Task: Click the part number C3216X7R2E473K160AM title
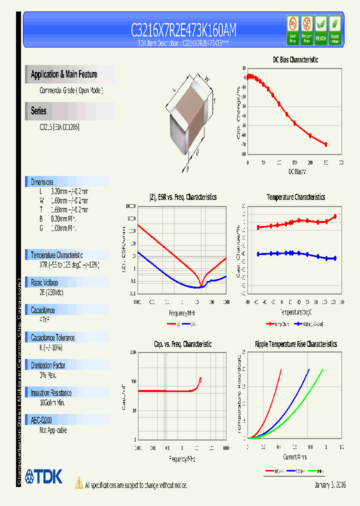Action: pyautogui.click(x=183, y=30)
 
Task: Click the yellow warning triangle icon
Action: pyautogui.click(x=78, y=483)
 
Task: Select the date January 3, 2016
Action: pyautogui.click(x=330, y=485)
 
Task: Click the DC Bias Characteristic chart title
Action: pyautogui.click(x=295, y=60)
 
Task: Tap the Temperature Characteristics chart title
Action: pyautogui.click(x=295, y=197)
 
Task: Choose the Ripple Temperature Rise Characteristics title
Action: pyautogui.click(x=296, y=344)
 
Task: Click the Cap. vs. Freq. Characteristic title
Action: pyautogui.click(x=182, y=344)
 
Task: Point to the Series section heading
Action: pyautogui.click(x=38, y=111)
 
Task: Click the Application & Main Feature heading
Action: pyautogui.click(x=64, y=74)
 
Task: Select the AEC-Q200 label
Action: pyautogui.click(x=42, y=420)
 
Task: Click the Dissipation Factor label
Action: pyautogui.click(x=48, y=365)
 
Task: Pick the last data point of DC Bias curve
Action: pyautogui.click(x=325, y=144)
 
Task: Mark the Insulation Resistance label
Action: pyautogui.click(x=51, y=393)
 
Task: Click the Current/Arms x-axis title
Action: pyautogui.click(x=295, y=457)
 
